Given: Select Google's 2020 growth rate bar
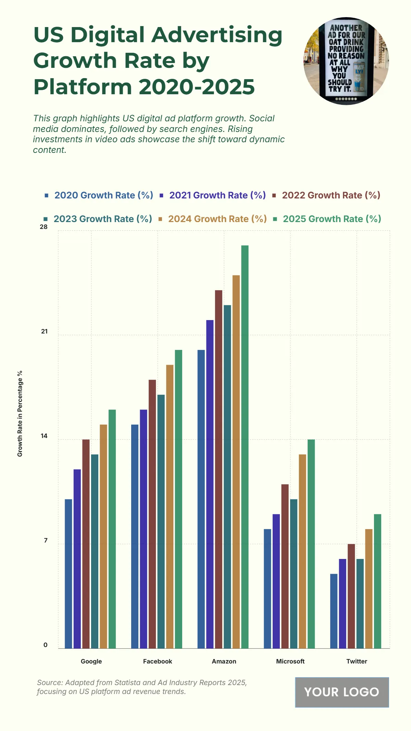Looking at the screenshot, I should (68, 574).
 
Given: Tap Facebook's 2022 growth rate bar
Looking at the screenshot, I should (152, 514).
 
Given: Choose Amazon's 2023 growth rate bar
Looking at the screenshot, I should (227, 476).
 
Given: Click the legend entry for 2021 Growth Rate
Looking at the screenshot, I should (217, 195).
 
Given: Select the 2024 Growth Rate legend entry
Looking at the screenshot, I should (217, 219).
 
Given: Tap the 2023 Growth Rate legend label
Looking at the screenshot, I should (102, 219).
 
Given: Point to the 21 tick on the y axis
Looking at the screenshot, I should (45, 331).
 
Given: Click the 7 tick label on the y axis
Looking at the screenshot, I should (46, 540).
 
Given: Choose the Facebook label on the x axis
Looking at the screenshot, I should (158, 661).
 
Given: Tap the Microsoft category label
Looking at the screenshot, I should (290, 661).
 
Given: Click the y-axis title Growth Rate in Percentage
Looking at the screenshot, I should (20, 413).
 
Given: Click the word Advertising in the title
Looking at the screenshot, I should (217, 35).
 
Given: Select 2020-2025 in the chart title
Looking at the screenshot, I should (197, 87).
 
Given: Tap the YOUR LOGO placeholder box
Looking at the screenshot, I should (342, 692).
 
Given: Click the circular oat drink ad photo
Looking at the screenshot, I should (346, 61).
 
